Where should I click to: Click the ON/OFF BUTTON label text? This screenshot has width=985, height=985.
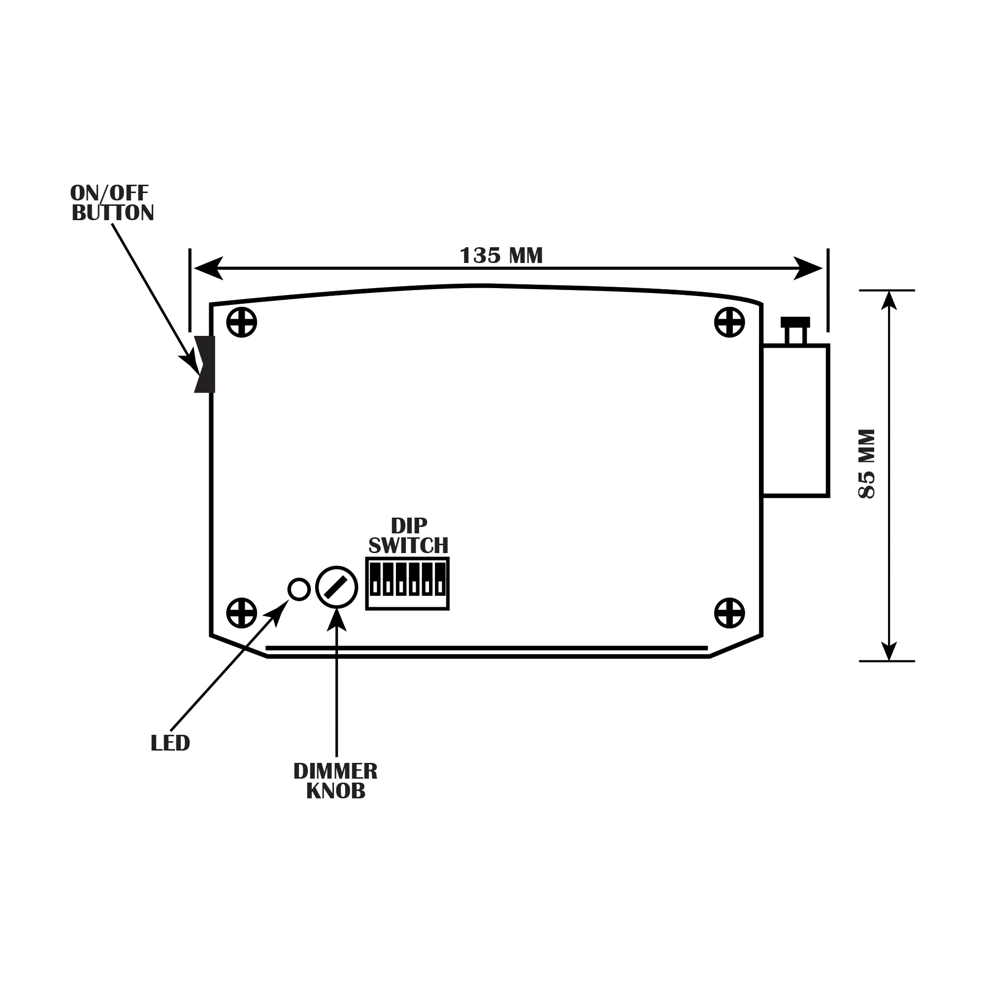112,203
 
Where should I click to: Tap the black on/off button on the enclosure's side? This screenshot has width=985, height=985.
205,364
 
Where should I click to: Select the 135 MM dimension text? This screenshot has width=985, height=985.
501,256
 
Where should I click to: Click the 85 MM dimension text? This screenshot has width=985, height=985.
867,463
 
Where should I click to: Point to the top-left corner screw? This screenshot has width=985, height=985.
242,322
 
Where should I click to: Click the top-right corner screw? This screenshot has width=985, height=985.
729,322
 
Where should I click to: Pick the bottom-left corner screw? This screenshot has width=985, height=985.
242,613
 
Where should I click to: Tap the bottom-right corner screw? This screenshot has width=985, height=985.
729,613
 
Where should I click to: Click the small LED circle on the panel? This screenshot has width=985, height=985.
299,590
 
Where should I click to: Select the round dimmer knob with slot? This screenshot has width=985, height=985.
336,588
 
